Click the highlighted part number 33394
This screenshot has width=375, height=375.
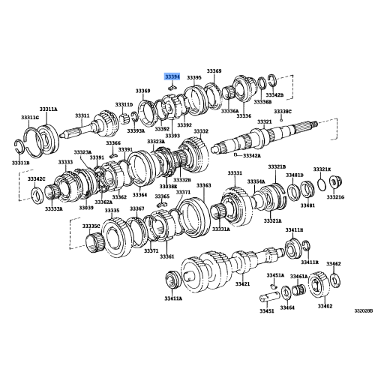coord(172,77)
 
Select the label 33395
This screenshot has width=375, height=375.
coord(194,77)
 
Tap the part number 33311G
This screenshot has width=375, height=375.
coord(29,118)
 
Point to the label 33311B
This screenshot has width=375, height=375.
coord(21,163)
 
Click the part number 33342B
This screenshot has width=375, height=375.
coord(275,95)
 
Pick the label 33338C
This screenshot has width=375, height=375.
coord(283,110)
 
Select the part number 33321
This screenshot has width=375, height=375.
coord(264,121)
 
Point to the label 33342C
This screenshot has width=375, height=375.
coord(37,179)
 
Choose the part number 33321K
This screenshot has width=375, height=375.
coord(322,169)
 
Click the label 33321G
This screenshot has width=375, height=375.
coord(334,197)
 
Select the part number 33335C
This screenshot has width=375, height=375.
coord(91,225)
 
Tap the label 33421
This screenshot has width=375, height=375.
coord(241,284)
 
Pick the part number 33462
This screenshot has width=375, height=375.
coord(333,264)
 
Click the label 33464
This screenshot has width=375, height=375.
coord(287,307)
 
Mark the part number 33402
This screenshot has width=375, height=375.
coord(324,306)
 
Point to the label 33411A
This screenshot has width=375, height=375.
coord(174,298)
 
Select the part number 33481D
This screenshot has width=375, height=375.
coord(295,175)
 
